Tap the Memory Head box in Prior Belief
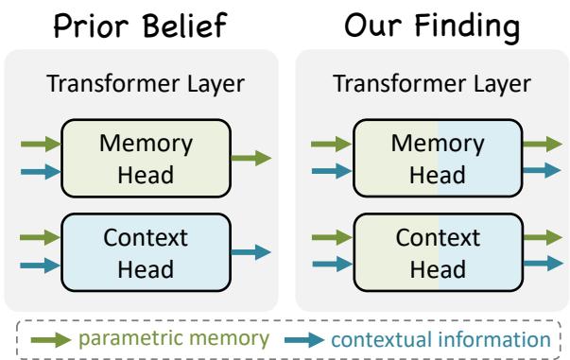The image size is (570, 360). tap(146, 157)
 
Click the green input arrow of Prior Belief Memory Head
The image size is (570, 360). tap(40, 145)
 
